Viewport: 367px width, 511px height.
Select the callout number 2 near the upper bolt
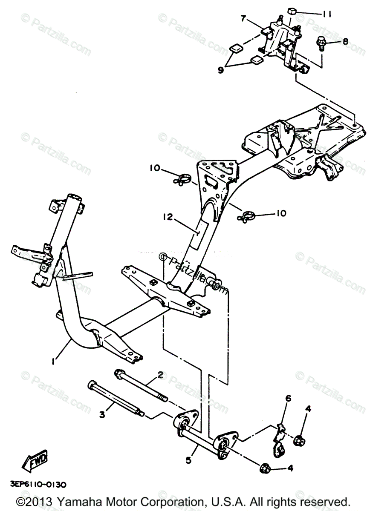coord(160,375)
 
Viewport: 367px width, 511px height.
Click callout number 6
coord(288,399)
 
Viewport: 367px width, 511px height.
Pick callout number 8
coord(345,41)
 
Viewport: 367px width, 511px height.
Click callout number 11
coord(327,14)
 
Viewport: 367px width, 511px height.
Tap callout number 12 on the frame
coord(167,217)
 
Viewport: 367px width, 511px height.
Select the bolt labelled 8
coord(320,43)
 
